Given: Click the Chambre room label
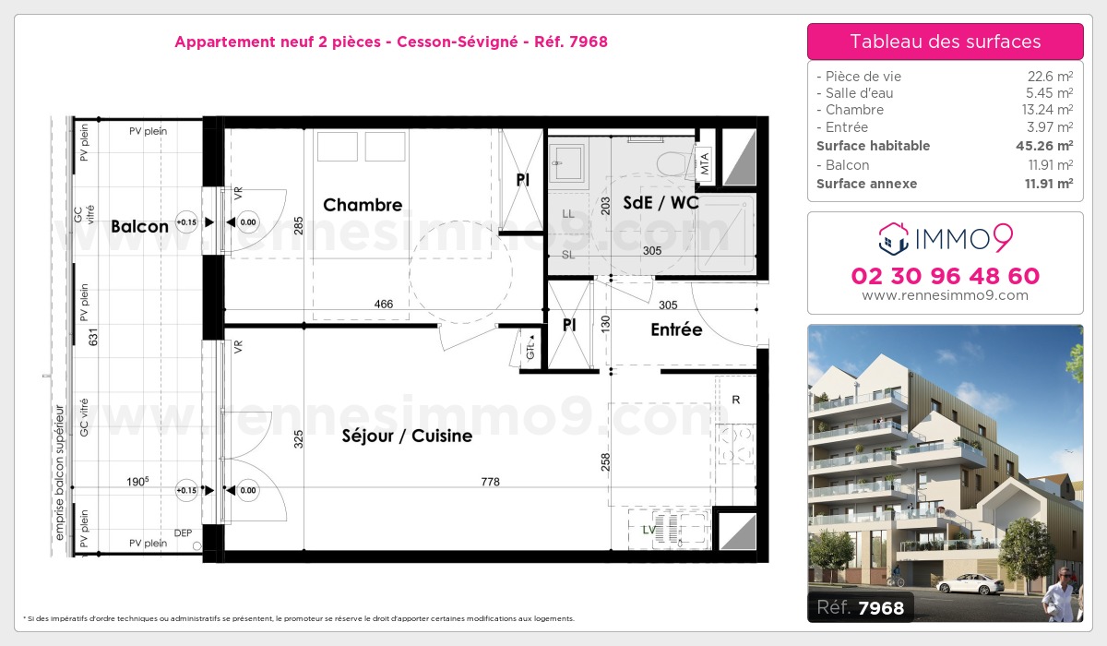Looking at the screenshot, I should pos(363,205).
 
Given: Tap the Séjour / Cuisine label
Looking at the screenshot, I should pos(407,436).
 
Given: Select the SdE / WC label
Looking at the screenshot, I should pos(661,203).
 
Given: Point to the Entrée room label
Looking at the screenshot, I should pos(676,329).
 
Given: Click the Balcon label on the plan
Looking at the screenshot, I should pos(139,226).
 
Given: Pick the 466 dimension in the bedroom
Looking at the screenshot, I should pos(383,304).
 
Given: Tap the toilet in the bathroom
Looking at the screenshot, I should pos(664,159).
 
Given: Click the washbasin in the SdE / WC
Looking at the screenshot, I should pos(568,164).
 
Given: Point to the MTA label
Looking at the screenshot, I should pos(705,163).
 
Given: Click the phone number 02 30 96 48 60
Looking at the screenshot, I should pos(945,276).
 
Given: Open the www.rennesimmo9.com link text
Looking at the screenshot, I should pos(945,295).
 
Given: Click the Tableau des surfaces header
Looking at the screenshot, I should pos(945,42).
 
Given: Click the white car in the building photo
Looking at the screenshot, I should pos(969,583).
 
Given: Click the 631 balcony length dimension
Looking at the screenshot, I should pos(92,338).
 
